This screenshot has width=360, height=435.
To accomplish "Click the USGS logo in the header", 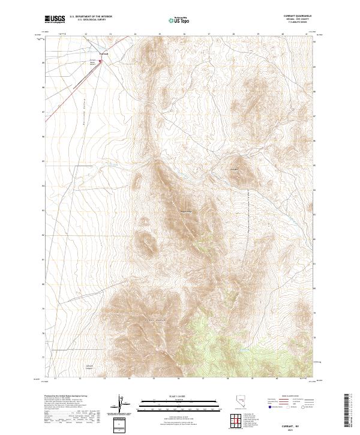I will (55, 19).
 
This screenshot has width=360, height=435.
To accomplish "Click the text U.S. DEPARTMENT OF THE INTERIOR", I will (91, 17).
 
